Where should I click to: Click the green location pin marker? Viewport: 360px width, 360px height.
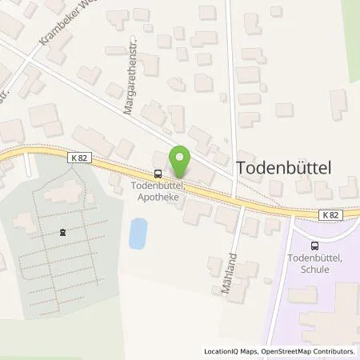tap(180, 162)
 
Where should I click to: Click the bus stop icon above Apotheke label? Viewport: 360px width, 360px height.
tap(158, 173)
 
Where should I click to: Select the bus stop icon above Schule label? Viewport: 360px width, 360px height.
tap(314, 246)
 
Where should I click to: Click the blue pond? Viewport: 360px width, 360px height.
tap(138, 234)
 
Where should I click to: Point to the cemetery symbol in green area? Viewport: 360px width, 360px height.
tap(62, 233)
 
